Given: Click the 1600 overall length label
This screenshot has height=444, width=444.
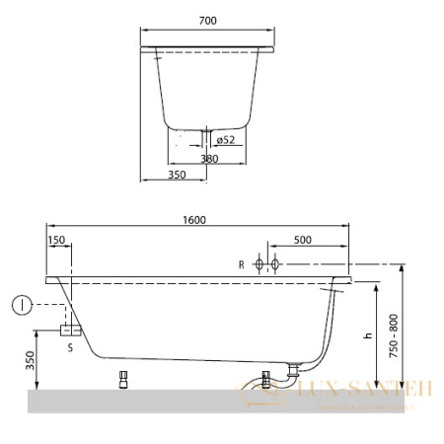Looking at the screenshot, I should tap(194, 219).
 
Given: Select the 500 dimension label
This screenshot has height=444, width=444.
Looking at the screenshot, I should tap(302, 239).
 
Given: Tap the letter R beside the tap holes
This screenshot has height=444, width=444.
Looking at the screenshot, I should tap(241, 264).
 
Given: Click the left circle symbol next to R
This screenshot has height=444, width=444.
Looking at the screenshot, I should tap(259, 264).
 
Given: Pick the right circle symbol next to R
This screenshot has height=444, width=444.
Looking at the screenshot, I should tap(276, 264).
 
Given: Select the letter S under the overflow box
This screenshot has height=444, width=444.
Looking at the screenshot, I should tap(70, 346).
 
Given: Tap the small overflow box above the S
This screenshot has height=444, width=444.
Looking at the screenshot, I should tap(69, 329).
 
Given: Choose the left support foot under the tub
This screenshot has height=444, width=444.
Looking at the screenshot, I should tap(124, 379).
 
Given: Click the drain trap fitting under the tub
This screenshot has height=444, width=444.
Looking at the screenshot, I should tap(292, 372).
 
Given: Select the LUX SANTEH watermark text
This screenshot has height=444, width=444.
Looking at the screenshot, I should tap(365, 390).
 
